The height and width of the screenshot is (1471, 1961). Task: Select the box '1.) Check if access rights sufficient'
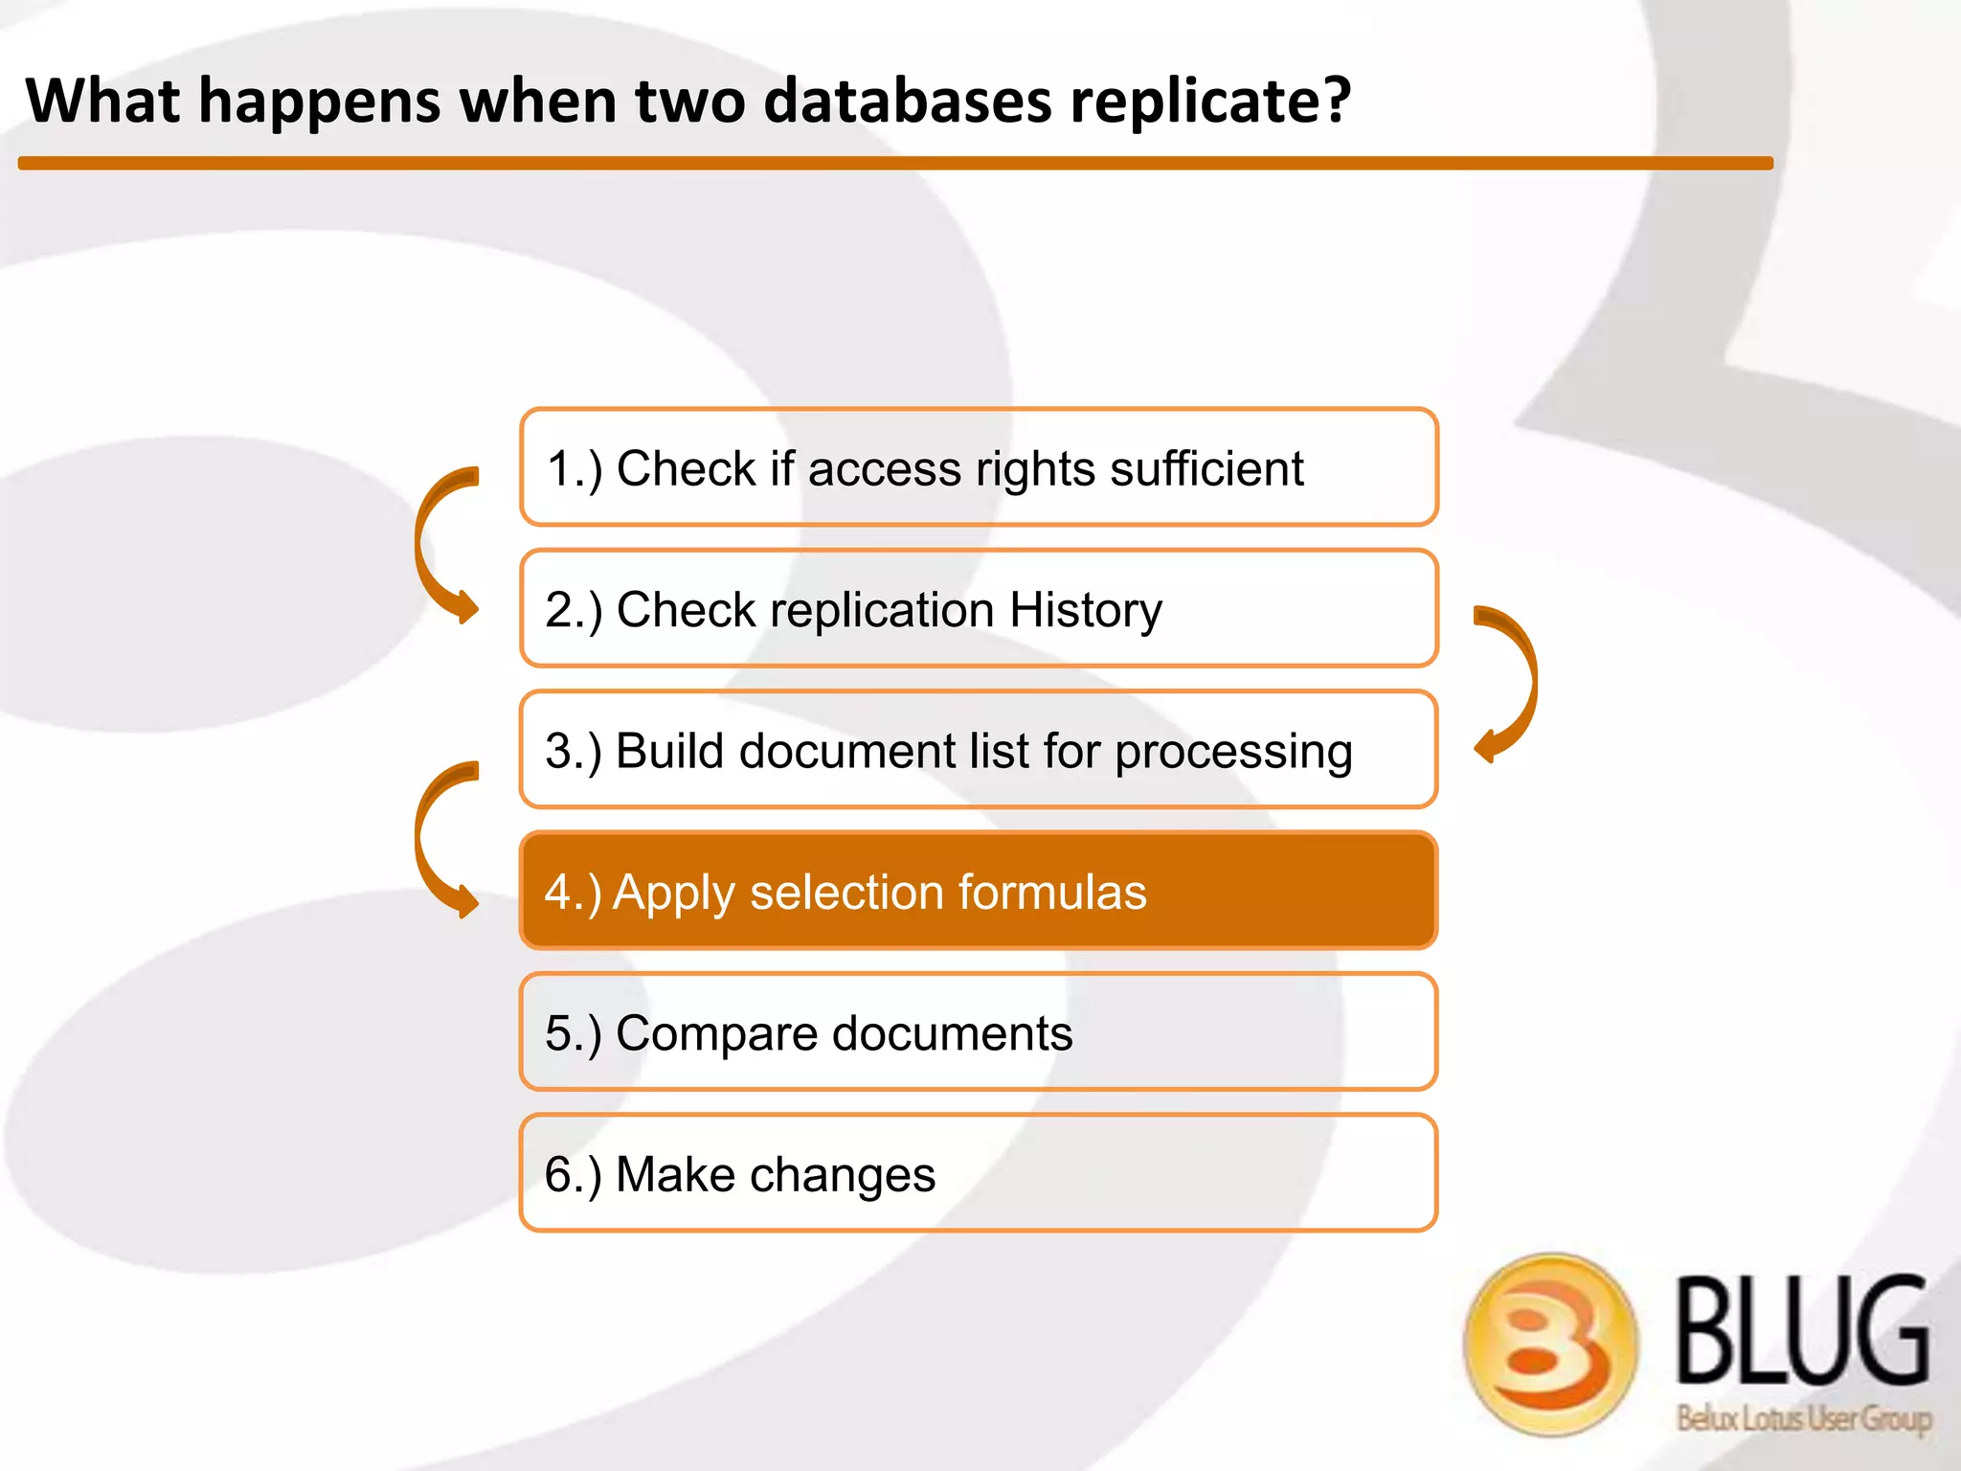(978, 467)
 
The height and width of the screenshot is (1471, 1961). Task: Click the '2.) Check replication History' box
(978, 608)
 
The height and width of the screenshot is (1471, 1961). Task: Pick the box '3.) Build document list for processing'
(978, 749)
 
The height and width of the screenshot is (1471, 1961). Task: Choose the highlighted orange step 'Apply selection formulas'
(978, 891)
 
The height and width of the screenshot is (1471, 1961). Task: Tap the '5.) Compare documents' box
(978, 1031)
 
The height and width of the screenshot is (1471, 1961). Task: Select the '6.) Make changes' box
(978, 1172)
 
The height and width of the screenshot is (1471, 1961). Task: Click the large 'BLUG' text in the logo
(1801, 1331)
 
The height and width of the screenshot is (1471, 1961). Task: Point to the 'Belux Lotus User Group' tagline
(1803, 1416)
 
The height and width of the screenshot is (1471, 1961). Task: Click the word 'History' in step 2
(1085, 610)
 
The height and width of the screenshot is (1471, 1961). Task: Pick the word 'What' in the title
(103, 101)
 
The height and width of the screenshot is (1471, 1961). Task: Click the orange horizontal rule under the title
(895, 164)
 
